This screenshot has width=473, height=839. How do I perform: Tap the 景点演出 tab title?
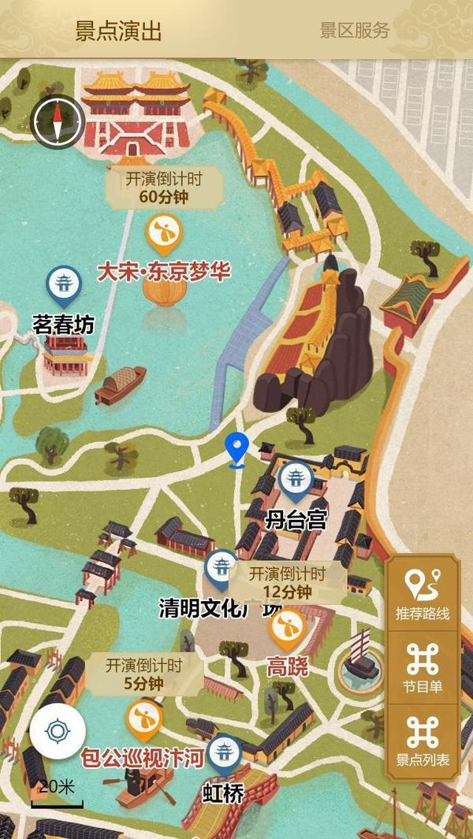click(x=118, y=31)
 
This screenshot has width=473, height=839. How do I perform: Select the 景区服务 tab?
click(x=355, y=31)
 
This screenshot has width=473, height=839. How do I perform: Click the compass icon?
click(x=57, y=121)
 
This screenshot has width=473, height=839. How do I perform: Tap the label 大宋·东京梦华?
click(x=163, y=272)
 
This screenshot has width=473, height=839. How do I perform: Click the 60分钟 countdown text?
click(x=164, y=197)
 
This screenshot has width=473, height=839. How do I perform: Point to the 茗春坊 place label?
click(x=63, y=324)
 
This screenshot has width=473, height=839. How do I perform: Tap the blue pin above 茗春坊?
click(x=63, y=284)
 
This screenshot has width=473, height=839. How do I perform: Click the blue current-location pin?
click(x=236, y=448)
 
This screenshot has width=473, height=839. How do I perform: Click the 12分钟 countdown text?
click(x=287, y=592)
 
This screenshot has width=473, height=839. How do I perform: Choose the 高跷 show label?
click(x=287, y=666)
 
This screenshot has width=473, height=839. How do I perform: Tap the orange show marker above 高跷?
click(x=287, y=628)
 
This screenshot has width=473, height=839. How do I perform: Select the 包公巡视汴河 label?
click(x=143, y=758)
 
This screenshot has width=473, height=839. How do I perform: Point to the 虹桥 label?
click(x=224, y=792)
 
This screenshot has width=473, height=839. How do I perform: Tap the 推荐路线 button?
click(x=423, y=595)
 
